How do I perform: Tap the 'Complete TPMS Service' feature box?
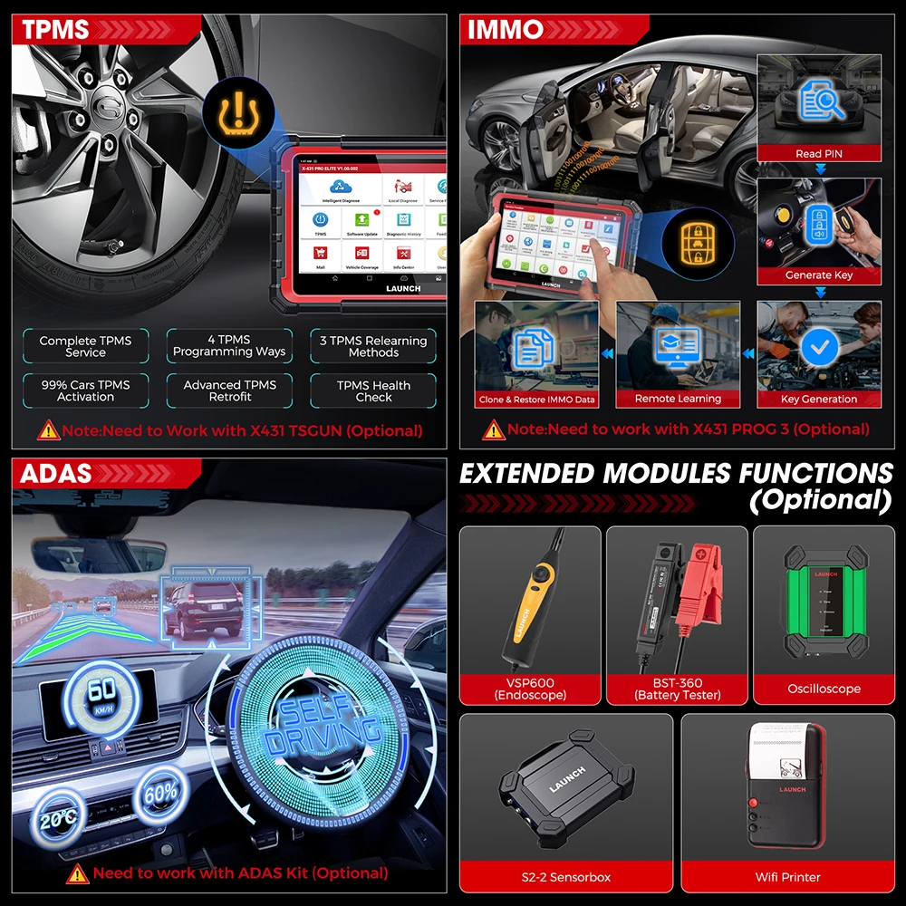[85, 346]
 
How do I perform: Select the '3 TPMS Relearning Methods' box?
[373, 346]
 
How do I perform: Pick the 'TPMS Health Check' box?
[373, 390]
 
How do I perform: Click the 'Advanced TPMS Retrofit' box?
[230, 390]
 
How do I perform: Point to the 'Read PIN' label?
[819, 154]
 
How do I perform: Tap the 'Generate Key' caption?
[819, 275]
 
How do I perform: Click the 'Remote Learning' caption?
[678, 399]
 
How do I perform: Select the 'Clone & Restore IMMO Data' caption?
[536, 399]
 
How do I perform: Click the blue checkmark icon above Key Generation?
[819, 347]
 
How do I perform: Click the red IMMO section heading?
[506, 29]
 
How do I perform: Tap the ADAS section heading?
[56, 473]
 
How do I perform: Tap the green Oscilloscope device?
[824, 602]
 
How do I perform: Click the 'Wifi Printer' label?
[787, 877]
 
